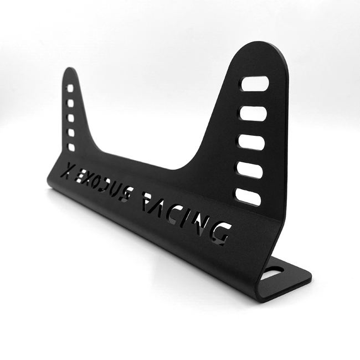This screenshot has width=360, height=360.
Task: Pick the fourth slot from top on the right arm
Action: click(x=250, y=170)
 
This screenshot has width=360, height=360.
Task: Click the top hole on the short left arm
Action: click(x=70, y=88)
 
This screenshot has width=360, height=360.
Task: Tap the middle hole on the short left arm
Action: click(x=70, y=117)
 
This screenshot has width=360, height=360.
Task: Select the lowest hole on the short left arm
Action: click(x=70, y=147)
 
